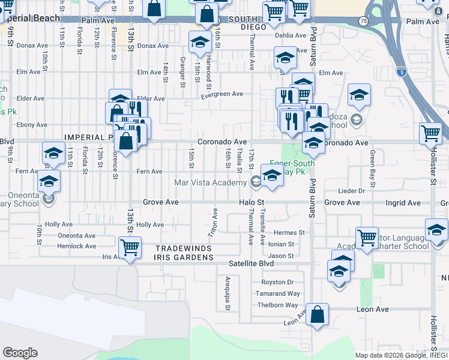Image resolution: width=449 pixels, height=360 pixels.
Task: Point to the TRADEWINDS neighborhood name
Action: [184, 248]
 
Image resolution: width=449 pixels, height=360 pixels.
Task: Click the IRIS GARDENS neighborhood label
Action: [184, 257]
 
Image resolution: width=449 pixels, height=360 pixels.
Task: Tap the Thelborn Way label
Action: [278, 305]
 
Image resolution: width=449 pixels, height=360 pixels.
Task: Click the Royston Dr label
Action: [277, 282]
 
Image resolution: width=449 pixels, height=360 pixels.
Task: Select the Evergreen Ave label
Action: [221, 94]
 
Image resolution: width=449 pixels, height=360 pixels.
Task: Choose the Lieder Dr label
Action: [352, 191]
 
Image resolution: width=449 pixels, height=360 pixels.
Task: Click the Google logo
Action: [20, 352]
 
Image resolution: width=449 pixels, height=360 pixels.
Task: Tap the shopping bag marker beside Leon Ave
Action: [317, 314]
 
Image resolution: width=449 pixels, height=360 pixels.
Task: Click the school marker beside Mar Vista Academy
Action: [272, 175]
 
